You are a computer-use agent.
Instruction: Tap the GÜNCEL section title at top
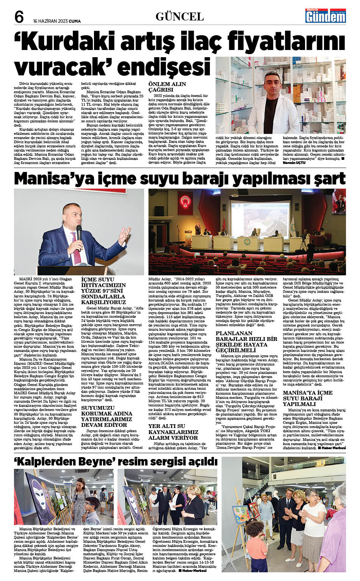pyautogui.click(x=180, y=16)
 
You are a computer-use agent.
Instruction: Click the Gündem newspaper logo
pyautogui.click(x=326, y=16)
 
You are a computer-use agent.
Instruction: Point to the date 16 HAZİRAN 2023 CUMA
pyautogui.click(x=56, y=21)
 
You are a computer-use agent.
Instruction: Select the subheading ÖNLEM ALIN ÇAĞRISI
pyautogui.click(x=167, y=87)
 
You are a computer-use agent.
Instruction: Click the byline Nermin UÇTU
pyautogui.click(x=294, y=162)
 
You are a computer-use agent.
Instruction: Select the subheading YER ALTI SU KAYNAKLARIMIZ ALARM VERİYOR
pyautogui.click(x=173, y=432)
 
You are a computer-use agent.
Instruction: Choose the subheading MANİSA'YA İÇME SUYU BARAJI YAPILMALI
pyautogui.click(x=308, y=398)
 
